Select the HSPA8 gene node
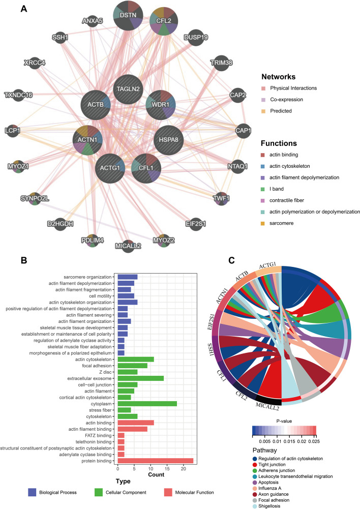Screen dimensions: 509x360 169,138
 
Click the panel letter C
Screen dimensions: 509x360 231,260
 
